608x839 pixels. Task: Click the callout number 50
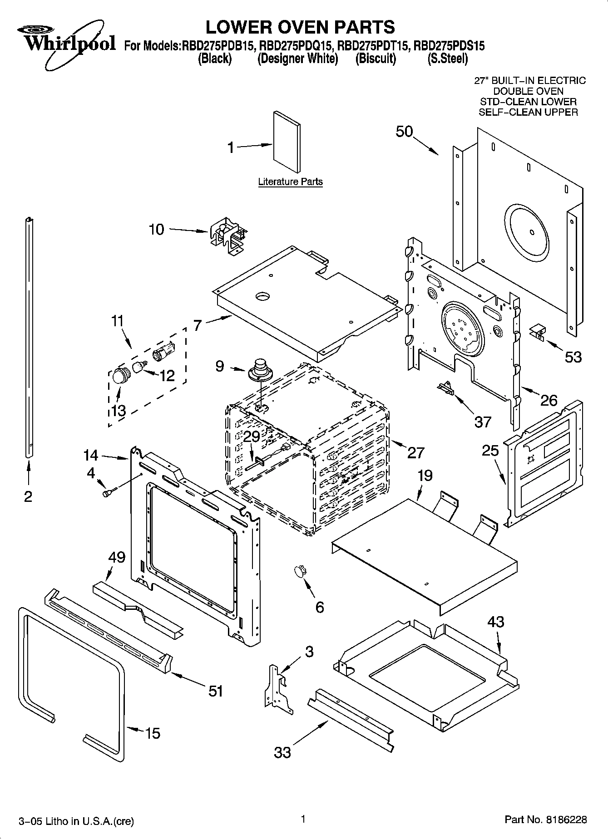404,132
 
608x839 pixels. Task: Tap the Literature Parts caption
290,182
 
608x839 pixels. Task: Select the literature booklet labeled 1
287,142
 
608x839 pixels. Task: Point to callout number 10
157,230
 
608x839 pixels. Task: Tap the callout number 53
573,357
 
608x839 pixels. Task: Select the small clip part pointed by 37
445,388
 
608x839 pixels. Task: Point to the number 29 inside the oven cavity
252,436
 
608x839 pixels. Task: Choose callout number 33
282,753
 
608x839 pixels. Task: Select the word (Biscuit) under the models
376,59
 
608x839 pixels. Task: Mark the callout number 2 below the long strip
28,496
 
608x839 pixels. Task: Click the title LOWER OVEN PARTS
300,27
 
